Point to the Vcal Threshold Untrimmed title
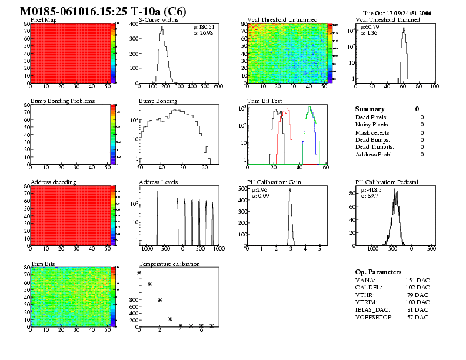click(x=278, y=19)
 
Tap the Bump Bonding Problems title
click(x=62, y=101)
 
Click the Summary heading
click(x=370, y=109)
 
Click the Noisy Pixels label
click(x=372, y=125)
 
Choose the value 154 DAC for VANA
click(x=417, y=281)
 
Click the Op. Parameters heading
click(x=378, y=272)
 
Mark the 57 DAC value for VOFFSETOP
click(x=417, y=318)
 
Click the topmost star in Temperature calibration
click(x=139, y=272)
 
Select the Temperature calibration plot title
click(x=169, y=264)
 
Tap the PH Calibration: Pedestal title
click(x=387, y=182)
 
